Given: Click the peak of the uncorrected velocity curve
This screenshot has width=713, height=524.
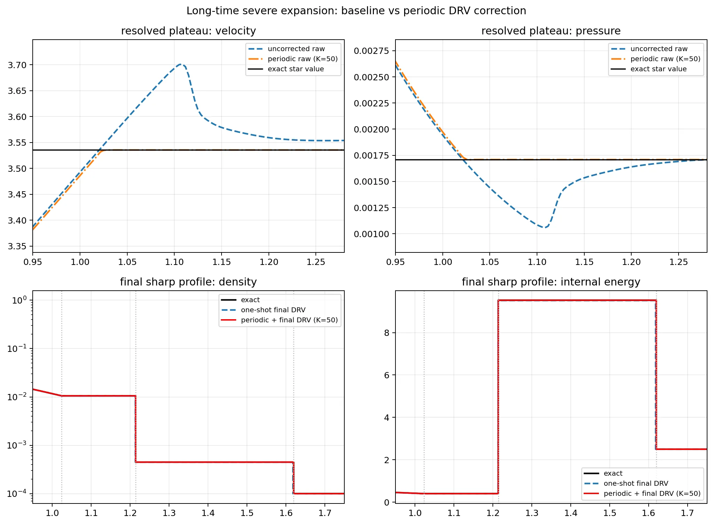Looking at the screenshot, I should click(x=180, y=64).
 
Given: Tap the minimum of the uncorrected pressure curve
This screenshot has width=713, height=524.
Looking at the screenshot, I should click(x=544, y=228).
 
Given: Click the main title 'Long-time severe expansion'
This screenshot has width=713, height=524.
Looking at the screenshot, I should click(x=356, y=11).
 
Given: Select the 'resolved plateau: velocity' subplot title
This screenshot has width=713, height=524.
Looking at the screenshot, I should click(x=188, y=31).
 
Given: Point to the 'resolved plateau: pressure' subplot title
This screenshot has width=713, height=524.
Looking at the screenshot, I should click(x=551, y=31).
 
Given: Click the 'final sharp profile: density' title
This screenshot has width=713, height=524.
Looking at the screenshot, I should click(x=188, y=282).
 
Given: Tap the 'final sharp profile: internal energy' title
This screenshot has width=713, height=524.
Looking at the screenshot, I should click(x=551, y=282).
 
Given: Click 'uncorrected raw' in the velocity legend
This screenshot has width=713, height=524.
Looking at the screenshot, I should click(x=296, y=49).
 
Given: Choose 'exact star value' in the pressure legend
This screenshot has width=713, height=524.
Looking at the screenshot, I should click(x=658, y=69).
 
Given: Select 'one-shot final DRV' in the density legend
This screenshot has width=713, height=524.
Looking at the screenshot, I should click(x=273, y=310).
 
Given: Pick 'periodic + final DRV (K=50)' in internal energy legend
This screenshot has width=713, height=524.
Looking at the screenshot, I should click(x=652, y=493).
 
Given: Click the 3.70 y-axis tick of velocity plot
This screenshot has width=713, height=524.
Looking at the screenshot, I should click(x=17, y=65).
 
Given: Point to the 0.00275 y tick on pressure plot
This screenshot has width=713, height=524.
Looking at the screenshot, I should click(x=371, y=51).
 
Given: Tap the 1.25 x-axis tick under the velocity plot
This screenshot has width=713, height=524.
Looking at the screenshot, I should click(x=316, y=262).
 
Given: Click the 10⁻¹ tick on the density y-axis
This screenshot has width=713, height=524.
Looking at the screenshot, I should click(x=17, y=349).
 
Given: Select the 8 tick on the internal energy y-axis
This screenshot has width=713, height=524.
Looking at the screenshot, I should click(x=387, y=333).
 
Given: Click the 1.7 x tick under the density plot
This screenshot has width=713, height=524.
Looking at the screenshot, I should click(x=325, y=513).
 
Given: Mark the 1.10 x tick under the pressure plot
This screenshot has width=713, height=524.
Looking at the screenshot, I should click(x=537, y=262).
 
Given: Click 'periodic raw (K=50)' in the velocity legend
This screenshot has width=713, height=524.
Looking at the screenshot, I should click(x=303, y=59).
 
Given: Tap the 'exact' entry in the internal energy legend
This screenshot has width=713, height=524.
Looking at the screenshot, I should click(x=613, y=473).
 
